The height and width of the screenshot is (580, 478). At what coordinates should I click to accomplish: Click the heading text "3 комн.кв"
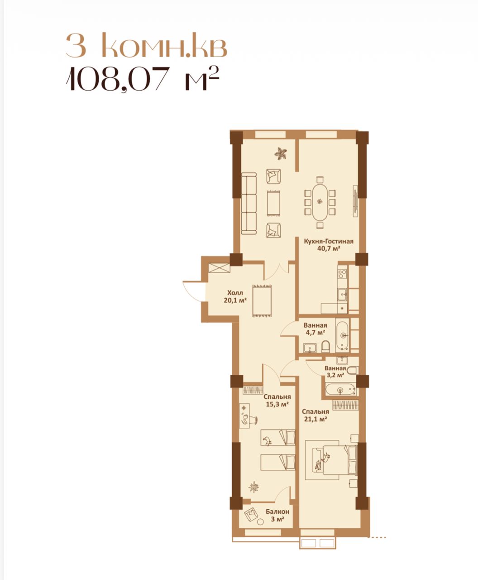coord(146,45)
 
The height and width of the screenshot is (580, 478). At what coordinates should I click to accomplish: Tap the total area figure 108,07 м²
coord(143,78)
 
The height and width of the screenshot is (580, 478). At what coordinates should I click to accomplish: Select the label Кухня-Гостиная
coord(329,241)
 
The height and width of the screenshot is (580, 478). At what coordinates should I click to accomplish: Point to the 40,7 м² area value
coord(329,248)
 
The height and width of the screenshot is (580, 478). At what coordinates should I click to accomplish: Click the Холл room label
coord(235,293)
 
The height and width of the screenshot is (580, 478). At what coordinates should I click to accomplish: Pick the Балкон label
coord(277,512)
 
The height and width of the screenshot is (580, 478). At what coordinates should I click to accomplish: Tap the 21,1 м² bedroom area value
coord(315,419)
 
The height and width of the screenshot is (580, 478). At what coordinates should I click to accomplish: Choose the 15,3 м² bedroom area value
coord(277,404)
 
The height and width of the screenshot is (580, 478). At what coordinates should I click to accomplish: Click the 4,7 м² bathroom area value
coord(315,332)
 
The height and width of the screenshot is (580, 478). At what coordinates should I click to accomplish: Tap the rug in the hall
coord(262,300)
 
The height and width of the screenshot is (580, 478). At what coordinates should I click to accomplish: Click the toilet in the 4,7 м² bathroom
coord(325,346)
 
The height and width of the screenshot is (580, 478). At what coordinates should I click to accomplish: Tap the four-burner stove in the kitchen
coord(343,274)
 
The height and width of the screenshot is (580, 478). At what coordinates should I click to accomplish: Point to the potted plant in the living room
coord(281,153)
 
